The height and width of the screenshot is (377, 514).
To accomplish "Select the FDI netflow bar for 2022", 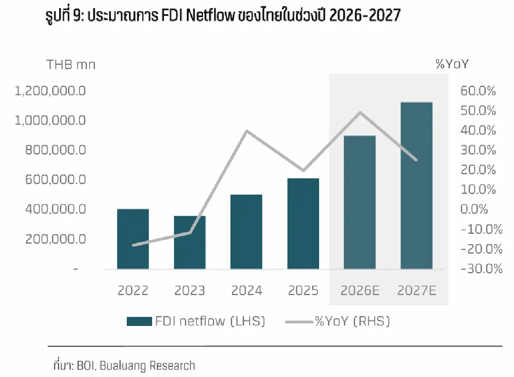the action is tap(133, 239).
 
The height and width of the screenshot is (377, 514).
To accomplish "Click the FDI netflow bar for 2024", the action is tap(246, 232).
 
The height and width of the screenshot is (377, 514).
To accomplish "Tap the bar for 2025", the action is tap(303, 223).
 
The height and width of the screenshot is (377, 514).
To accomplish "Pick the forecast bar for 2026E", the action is tap(359, 202).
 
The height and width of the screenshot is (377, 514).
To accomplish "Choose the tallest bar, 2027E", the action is tap(416, 185).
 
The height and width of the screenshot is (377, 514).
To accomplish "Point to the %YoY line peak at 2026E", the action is tap(360, 112).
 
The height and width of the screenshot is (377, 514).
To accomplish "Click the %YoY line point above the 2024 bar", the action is tap(247, 131).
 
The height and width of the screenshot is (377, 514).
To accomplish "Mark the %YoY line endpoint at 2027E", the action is tap(416, 160).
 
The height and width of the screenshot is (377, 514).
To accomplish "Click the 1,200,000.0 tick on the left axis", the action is tap(50, 91).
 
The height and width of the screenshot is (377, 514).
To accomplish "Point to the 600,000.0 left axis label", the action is tap(55, 179).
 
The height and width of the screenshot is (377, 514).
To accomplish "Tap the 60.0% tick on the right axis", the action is tap(478, 91).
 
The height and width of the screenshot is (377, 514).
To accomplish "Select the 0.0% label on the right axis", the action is tap(474, 209).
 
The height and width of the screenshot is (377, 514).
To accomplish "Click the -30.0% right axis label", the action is tap(481, 269).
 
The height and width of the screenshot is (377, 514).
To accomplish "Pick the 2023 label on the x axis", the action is tap(189, 291).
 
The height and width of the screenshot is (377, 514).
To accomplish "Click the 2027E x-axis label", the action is tap(417, 291).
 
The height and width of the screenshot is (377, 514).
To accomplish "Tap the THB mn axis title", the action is tap(71, 65).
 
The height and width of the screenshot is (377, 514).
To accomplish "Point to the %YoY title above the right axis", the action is tap(452, 64).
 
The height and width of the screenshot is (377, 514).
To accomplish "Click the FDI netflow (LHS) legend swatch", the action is tap(139, 321).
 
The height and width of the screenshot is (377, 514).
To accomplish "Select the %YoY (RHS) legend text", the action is tap(352, 321).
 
